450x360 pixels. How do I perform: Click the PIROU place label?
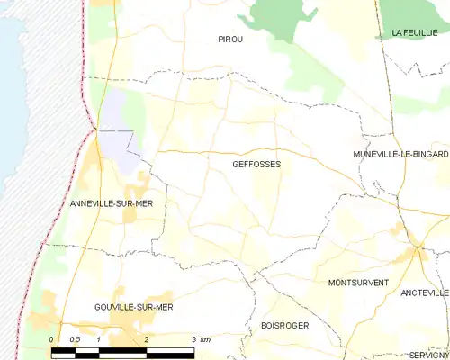230,40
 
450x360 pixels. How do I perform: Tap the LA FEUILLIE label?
415,32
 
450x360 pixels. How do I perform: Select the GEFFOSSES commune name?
256,165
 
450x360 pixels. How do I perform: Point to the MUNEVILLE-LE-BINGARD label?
400,154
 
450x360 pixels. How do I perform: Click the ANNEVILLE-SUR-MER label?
112,204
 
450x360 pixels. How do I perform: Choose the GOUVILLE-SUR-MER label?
133,307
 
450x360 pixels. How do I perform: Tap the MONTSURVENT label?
358,283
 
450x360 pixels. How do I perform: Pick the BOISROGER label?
284,325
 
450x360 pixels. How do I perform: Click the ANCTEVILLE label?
425,292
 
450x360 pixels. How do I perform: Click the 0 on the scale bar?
51,338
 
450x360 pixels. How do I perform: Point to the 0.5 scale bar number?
76,338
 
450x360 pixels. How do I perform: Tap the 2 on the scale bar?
146,338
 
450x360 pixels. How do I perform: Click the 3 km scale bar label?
201,338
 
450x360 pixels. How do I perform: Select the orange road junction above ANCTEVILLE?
418,253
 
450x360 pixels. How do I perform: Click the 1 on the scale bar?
98,338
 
